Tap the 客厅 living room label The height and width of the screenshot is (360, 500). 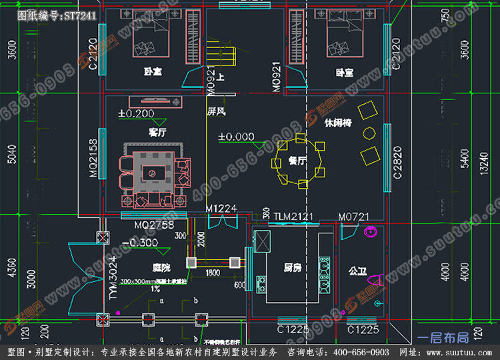point(158,132)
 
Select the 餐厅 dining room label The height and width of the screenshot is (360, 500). point(297,161)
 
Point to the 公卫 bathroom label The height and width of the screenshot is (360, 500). point(357,271)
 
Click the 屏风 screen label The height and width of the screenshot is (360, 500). point(215,111)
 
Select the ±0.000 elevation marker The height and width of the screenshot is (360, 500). point(237,137)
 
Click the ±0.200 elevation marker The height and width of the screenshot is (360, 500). point(136,113)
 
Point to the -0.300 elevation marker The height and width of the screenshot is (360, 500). point(140,243)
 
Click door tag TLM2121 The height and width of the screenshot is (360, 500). point(293,216)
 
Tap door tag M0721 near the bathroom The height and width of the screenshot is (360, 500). point(353,216)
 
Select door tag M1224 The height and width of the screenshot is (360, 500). point(221,209)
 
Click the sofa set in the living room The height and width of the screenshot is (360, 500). point(154,177)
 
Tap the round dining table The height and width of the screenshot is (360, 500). point(298,161)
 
